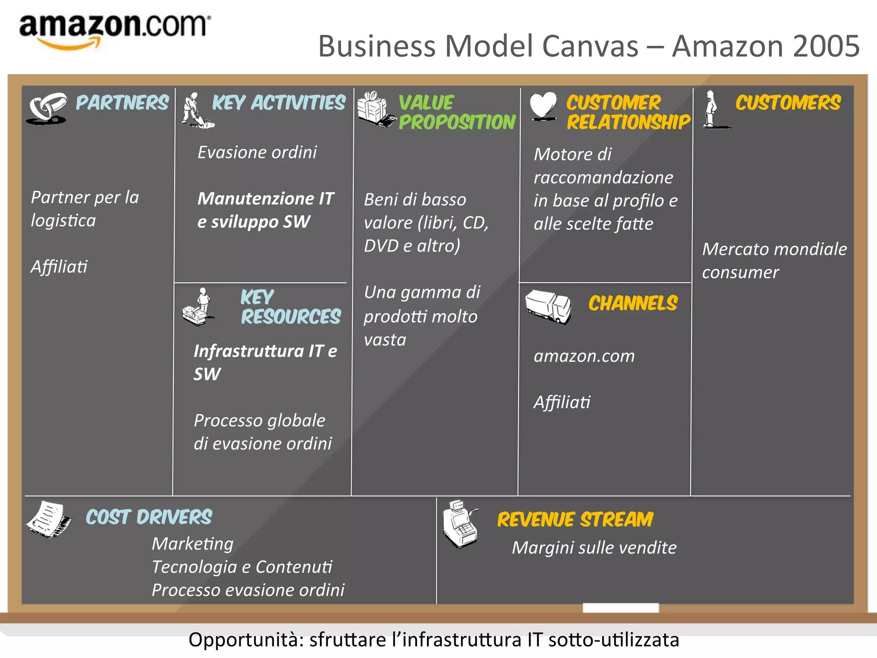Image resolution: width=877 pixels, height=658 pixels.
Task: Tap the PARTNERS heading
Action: (122, 103)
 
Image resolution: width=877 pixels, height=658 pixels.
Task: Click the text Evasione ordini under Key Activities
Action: (257, 153)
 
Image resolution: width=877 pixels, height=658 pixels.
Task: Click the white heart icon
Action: (543, 105)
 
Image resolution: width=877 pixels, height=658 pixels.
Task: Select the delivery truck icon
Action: (549, 306)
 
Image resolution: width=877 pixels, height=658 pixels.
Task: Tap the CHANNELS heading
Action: (632, 304)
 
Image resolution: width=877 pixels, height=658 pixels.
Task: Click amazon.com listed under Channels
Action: (584, 356)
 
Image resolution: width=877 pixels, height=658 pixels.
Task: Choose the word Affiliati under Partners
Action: (59, 267)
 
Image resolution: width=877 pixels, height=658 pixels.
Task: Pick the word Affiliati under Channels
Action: (562, 403)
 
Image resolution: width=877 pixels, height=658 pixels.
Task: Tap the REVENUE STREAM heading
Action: (575, 520)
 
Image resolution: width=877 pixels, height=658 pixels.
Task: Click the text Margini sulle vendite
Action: (594, 548)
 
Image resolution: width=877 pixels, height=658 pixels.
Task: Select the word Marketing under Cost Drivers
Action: (193, 544)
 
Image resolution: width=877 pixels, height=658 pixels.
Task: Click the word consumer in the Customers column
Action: (740, 273)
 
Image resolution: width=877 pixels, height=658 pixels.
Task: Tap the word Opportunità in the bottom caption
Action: (246, 640)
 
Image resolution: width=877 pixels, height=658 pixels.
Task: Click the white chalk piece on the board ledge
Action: (620, 607)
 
